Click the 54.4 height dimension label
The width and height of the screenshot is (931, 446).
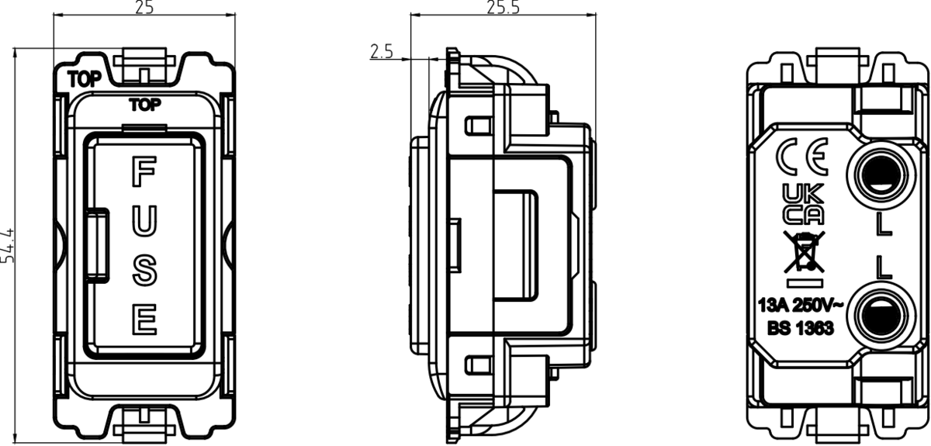tap(9, 246)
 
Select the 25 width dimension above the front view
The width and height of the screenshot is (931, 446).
tap(144, 8)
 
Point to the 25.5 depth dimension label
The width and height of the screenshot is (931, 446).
tap(503, 8)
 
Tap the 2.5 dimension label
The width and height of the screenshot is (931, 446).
tap(382, 52)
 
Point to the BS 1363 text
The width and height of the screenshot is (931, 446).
tap(801, 328)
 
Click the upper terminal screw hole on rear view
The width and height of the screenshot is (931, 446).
tap(881, 173)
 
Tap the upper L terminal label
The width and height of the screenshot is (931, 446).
tap(882, 225)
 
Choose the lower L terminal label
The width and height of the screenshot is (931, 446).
tap(882, 268)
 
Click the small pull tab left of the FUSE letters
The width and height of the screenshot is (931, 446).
tap(98, 244)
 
